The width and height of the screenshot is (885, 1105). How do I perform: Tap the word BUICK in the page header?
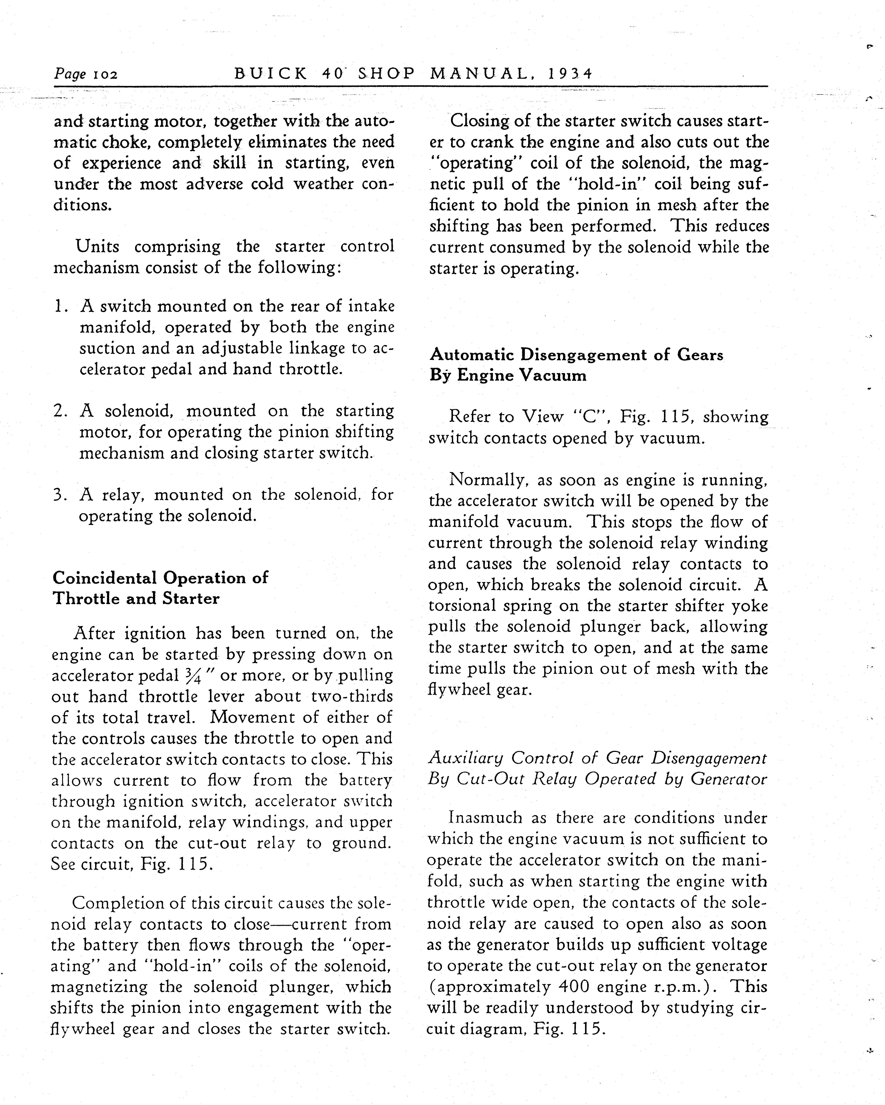pyautogui.click(x=271, y=74)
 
